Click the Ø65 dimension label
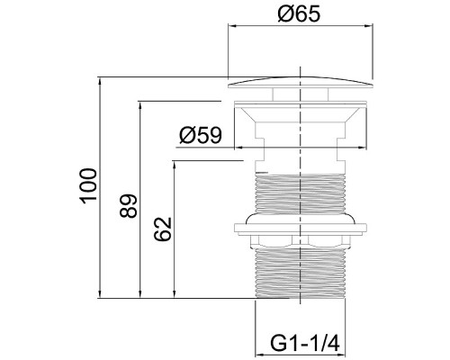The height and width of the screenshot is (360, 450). point(299,14)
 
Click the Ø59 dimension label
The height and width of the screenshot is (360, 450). point(201,135)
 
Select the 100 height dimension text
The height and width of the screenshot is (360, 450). point(88,186)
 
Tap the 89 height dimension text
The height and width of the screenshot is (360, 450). point(128,205)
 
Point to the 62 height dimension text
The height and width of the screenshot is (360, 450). point(163,229)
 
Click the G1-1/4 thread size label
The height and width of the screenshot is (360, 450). point(305,343)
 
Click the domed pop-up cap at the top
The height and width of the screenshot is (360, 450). point(301,83)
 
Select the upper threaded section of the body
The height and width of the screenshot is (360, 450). point(300,193)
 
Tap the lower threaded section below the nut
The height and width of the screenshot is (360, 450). point(300,273)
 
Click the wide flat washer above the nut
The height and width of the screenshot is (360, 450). point(300,229)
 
